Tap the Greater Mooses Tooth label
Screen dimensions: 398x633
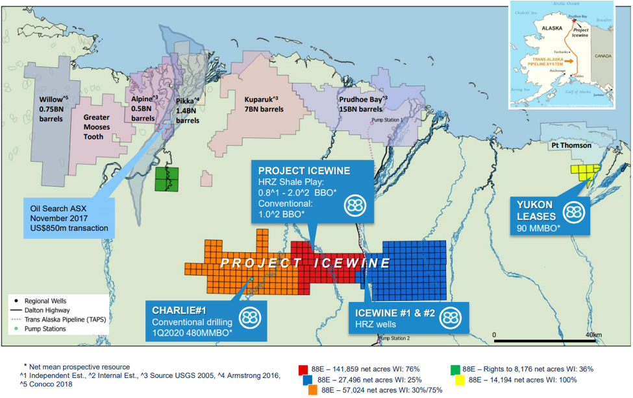pyautogui.click(x=101, y=127)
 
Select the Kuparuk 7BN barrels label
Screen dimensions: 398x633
pyautogui.click(x=262, y=105)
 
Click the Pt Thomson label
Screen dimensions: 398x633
pyautogui.click(x=571, y=146)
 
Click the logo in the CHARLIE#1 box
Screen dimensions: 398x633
pyautogui.click(x=251, y=318)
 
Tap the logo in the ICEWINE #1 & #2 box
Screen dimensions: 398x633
pyautogui.click(x=449, y=318)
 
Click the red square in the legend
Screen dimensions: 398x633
pyautogui.click(x=303, y=369)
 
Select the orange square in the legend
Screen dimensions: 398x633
pyautogui.click(x=312, y=390)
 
